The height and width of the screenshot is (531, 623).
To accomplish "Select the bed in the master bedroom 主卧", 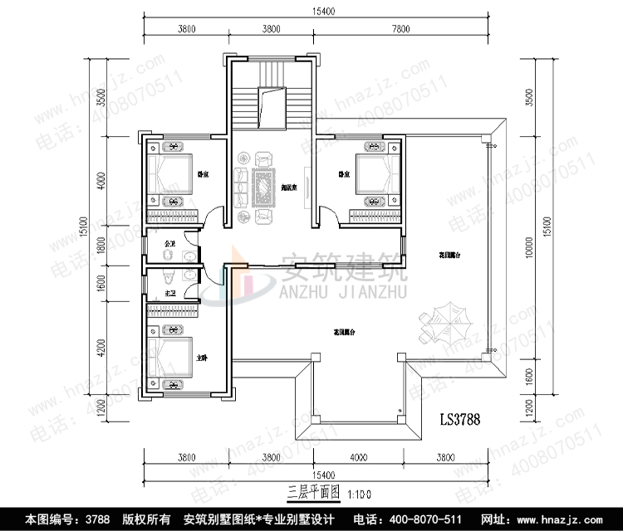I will (174, 356).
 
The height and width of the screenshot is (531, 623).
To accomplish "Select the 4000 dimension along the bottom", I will (358, 457).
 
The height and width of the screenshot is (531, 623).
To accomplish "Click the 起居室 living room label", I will (289, 188).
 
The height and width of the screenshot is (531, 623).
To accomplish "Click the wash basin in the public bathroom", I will (191, 256).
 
